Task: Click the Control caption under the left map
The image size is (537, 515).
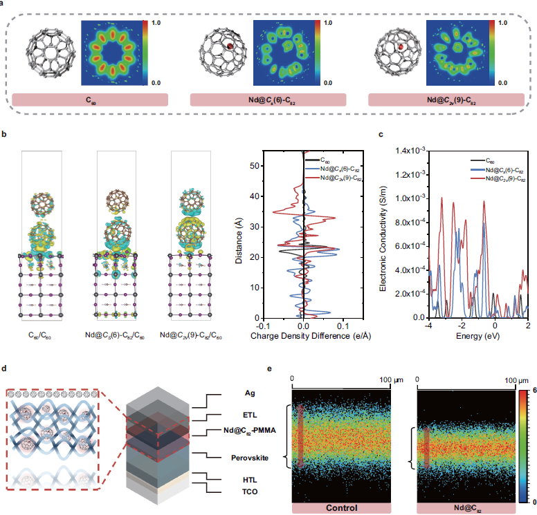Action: [343, 507]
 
